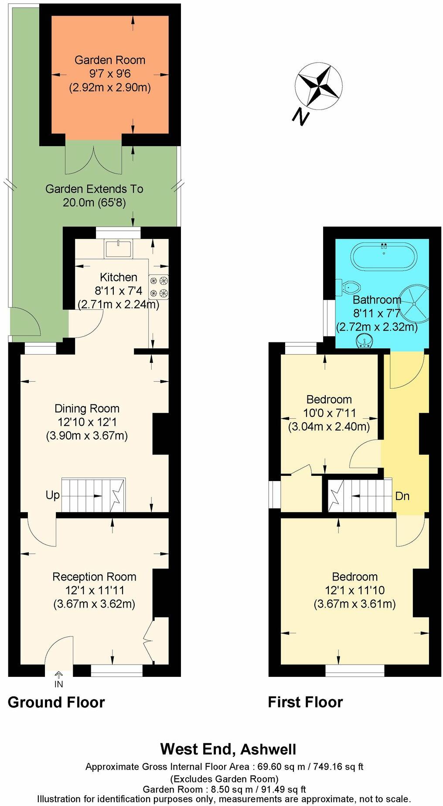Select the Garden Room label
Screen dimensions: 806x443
(x=110, y=60)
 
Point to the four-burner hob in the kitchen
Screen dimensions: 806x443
(x=159, y=287)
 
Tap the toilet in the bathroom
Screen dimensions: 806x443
(x=351, y=287)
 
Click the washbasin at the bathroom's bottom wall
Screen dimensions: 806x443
(x=365, y=341)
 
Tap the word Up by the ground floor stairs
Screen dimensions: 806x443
(x=53, y=495)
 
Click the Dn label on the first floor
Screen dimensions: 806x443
(x=402, y=496)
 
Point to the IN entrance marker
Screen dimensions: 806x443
(x=58, y=684)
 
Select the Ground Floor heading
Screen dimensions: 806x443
(x=56, y=703)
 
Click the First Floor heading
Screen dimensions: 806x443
(x=305, y=703)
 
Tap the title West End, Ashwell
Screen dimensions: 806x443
(x=228, y=749)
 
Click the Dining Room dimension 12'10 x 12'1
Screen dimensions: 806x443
(x=87, y=422)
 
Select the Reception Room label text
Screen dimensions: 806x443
(x=94, y=577)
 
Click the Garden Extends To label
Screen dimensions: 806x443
(x=94, y=189)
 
